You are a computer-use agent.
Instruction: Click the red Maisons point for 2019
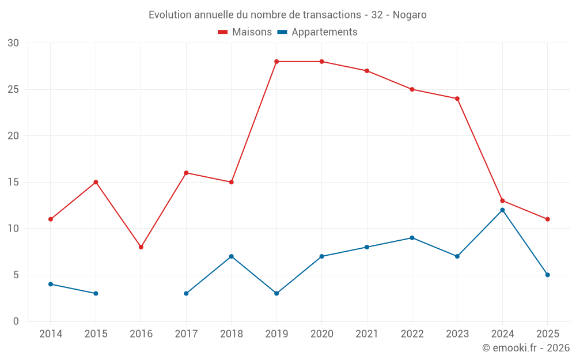[276, 62]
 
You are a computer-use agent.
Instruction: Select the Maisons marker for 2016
[141, 247]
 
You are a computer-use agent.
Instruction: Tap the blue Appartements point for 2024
[502, 210]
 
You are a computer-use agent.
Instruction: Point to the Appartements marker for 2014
[51, 284]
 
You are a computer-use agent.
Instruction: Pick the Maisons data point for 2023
[457, 98]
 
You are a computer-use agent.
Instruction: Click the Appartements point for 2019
[276, 293]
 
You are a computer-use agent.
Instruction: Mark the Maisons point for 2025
[548, 219]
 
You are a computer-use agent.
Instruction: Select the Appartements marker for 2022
[412, 238]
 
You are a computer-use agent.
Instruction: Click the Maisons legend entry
[245, 32]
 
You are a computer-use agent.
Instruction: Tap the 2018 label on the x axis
[231, 334]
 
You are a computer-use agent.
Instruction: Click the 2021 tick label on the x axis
[367, 334]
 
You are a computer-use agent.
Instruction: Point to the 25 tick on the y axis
[13, 89]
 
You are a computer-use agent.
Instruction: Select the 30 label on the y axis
[13, 43]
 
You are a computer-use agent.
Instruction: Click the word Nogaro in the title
[410, 15]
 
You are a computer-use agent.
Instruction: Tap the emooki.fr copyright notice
[526, 348]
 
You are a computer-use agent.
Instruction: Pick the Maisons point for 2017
[186, 173]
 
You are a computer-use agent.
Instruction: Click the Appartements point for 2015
[96, 293]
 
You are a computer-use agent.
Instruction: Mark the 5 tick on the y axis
[16, 275]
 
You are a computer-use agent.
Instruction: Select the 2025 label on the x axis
[548, 334]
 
